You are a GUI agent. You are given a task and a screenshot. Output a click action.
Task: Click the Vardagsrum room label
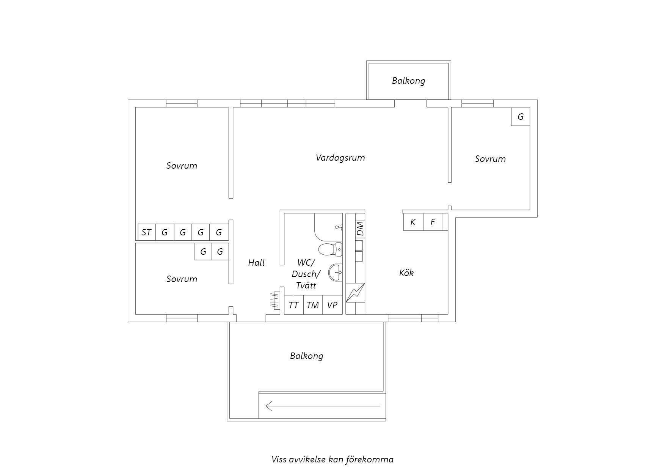tap(340, 158)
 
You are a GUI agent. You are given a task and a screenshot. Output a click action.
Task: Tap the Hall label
tap(256, 262)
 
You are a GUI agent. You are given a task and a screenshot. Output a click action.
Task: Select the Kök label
tap(406, 273)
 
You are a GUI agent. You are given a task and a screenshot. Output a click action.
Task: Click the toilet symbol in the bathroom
tap(330, 250)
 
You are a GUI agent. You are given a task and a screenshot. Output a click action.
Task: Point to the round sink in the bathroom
tap(335, 273)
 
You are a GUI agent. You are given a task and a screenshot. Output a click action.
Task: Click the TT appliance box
tap(294, 305)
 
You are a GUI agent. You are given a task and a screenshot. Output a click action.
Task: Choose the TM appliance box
tap(313, 305)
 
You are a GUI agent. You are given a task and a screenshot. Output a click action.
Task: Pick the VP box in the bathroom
tap(332, 305)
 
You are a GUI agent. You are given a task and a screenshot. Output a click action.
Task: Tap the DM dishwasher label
tap(360, 229)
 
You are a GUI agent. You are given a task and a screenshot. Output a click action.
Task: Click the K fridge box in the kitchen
tap(413, 222)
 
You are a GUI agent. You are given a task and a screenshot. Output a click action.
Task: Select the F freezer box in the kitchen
tap(433, 222)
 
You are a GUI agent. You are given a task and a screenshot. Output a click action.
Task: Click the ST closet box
tap(146, 232)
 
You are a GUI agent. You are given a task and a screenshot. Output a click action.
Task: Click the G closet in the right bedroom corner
tap(521, 117)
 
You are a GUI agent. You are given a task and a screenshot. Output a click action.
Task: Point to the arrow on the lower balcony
tap(323, 406)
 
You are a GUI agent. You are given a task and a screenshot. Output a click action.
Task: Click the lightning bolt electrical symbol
tap(355, 293)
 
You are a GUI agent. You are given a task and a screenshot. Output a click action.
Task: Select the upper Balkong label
tap(408, 81)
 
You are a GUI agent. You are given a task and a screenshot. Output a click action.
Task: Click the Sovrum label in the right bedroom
tap(490, 159)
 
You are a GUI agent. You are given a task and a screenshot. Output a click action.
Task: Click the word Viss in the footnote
tap(279, 459)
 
